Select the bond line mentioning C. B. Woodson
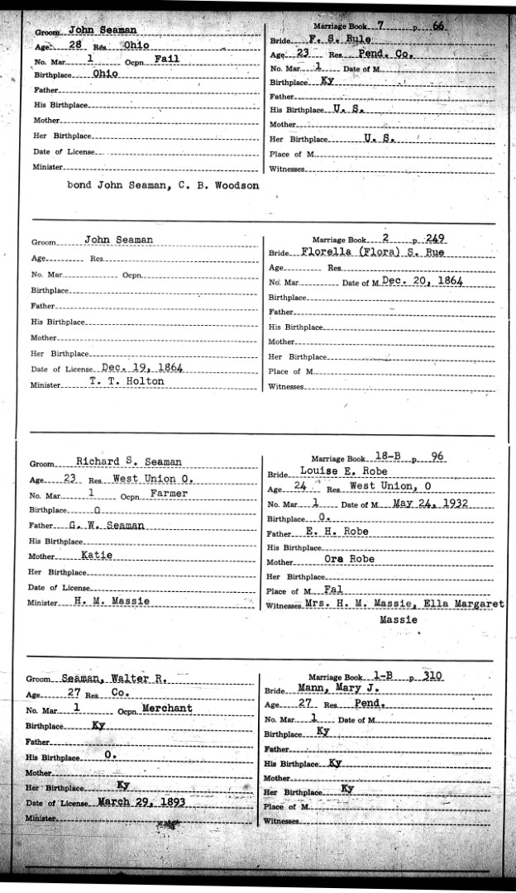pos(164,186)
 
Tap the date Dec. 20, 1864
pos(421,281)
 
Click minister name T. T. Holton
pos(127,381)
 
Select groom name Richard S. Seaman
pos(140,461)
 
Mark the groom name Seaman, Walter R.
pos(115,678)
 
